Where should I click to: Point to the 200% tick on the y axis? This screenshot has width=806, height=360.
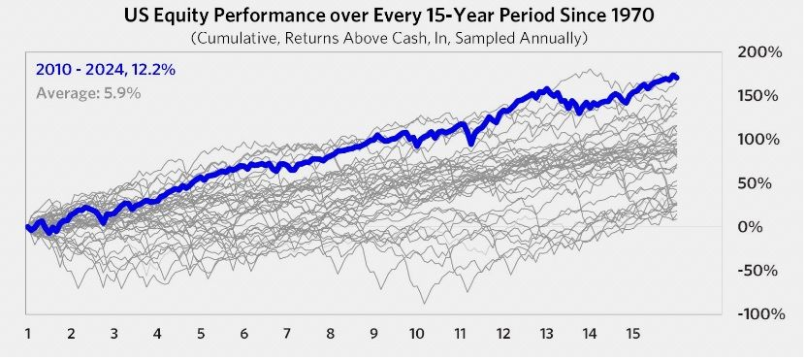coord(761,51)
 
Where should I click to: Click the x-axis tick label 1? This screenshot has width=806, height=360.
coord(28,334)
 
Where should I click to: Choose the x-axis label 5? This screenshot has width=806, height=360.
coord(201,334)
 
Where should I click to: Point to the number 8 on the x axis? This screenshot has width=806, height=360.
coord(331,334)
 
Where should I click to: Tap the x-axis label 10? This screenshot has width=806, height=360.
coord(417,334)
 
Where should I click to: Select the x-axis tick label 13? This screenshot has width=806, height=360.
coord(546,334)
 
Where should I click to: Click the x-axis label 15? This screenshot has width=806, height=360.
coord(632,334)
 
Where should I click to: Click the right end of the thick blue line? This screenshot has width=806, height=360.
coord(676,77)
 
